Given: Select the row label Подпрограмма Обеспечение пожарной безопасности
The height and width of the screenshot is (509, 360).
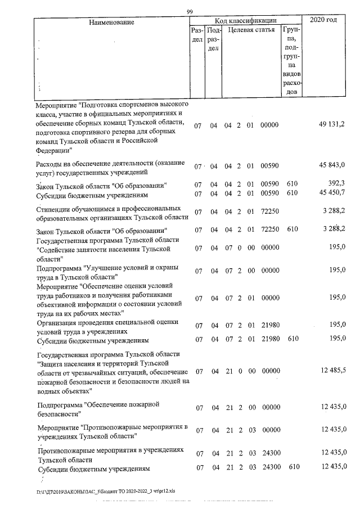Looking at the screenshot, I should coord(99,409).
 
